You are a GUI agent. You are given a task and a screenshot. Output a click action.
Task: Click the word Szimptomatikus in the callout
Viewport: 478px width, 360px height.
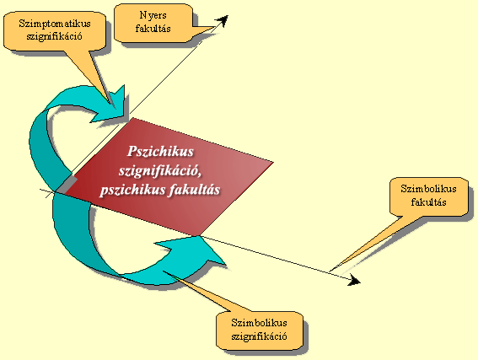click(55, 24)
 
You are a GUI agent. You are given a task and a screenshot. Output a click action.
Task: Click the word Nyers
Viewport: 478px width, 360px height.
click(153, 15)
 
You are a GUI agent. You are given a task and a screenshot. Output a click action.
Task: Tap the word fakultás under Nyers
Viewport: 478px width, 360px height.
click(153, 29)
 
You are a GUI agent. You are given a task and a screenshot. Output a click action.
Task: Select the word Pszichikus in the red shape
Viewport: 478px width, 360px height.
click(160, 152)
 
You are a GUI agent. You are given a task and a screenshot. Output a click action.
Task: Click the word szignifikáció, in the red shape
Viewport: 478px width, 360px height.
click(160, 170)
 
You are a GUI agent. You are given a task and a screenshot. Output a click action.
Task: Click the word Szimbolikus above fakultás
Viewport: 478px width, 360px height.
click(428, 189)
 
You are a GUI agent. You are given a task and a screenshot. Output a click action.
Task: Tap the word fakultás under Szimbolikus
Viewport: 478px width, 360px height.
click(428, 202)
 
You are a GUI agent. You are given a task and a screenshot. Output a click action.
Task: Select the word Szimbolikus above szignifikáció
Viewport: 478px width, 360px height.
click(259, 323)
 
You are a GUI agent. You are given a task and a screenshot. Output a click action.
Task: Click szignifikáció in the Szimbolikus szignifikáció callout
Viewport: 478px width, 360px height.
click(259, 336)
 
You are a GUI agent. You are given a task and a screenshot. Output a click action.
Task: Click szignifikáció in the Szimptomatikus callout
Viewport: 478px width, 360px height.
click(54, 36)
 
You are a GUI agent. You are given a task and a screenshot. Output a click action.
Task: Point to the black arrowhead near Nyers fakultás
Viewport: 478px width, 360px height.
click(222, 21)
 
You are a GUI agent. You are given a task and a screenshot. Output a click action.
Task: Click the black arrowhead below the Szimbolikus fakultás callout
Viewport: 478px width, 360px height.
click(354, 280)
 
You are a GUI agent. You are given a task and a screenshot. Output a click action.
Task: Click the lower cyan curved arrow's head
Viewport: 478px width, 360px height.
click(195, 250)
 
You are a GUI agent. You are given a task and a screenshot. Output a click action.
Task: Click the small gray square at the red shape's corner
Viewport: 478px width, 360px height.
click(66, 185)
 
